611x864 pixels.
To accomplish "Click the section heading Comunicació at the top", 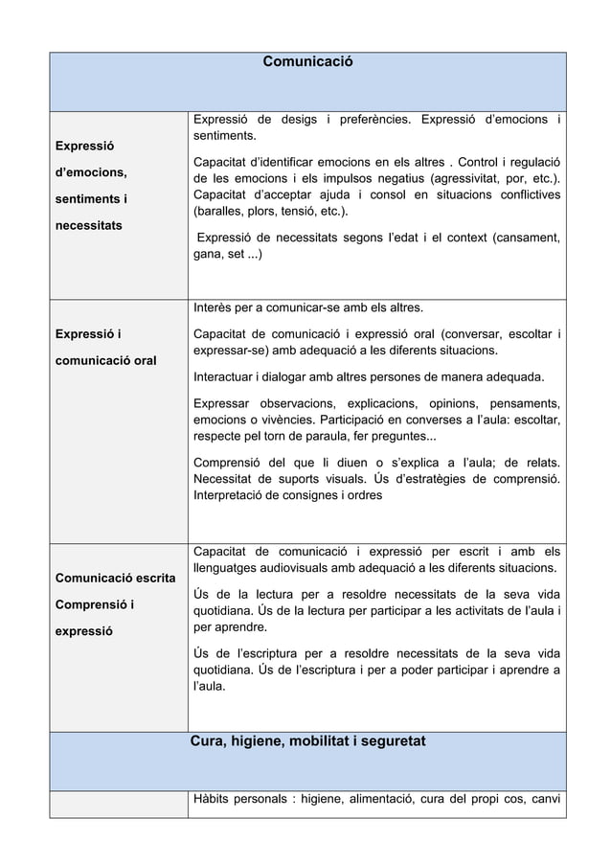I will coord(307,61).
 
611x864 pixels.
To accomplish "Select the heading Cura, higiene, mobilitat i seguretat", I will coord(307,741).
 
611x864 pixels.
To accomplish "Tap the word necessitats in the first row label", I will coord(94,227).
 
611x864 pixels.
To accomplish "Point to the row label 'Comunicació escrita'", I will coord(113,579).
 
